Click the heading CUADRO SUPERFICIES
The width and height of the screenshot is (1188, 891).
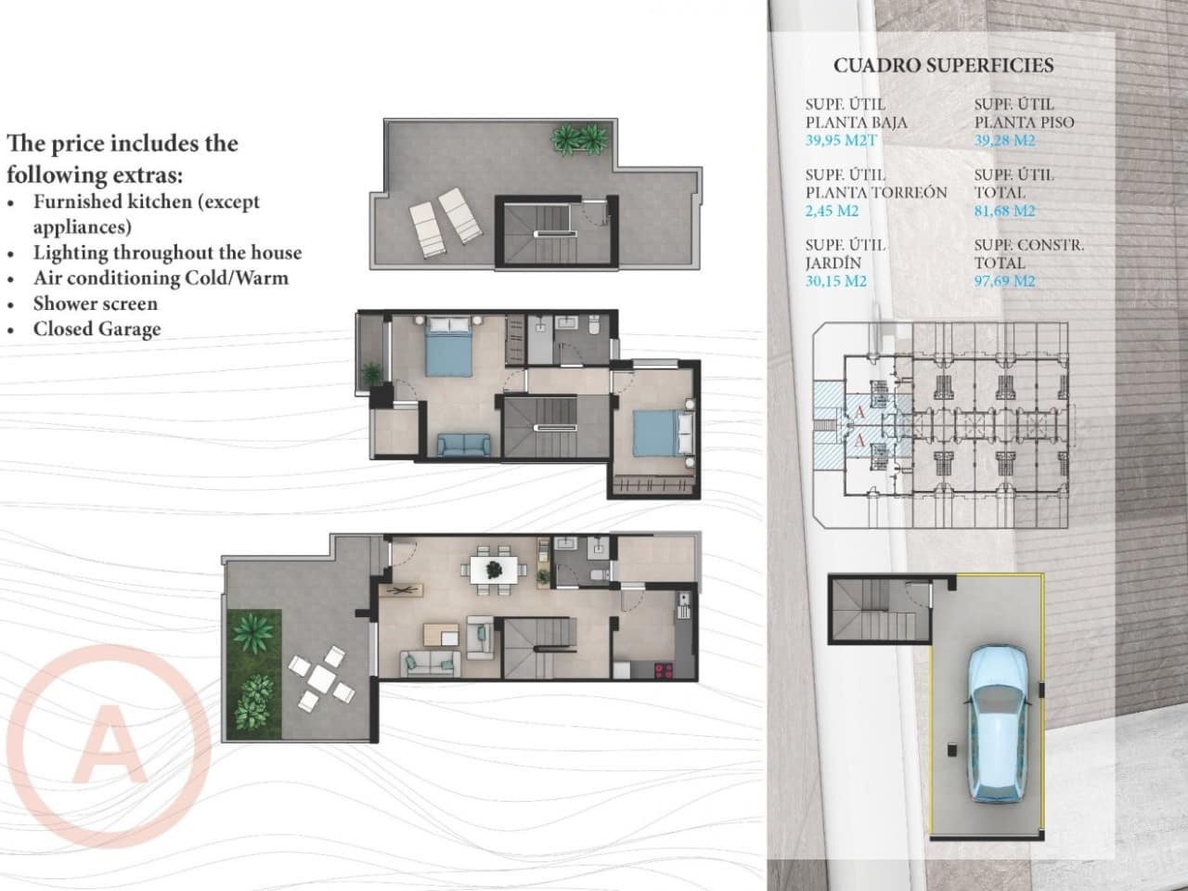click(943, 66)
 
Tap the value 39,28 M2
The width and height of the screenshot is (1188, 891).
click(1005, 141)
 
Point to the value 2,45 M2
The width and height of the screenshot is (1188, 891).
click(833, 212)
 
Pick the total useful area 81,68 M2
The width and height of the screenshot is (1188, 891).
click(1005, 212)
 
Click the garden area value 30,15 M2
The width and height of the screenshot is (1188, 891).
click(836, 281)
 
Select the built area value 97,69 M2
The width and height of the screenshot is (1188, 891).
click(1005, 281)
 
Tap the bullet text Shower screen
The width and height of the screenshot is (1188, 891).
click(96, 303)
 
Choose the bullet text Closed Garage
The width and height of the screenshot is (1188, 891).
click(97, 329)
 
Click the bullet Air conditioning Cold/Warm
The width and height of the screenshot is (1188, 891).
click(161, 278)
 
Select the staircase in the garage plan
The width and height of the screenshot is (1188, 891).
click(866, 608)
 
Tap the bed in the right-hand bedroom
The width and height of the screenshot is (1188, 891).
click(661, 433)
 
